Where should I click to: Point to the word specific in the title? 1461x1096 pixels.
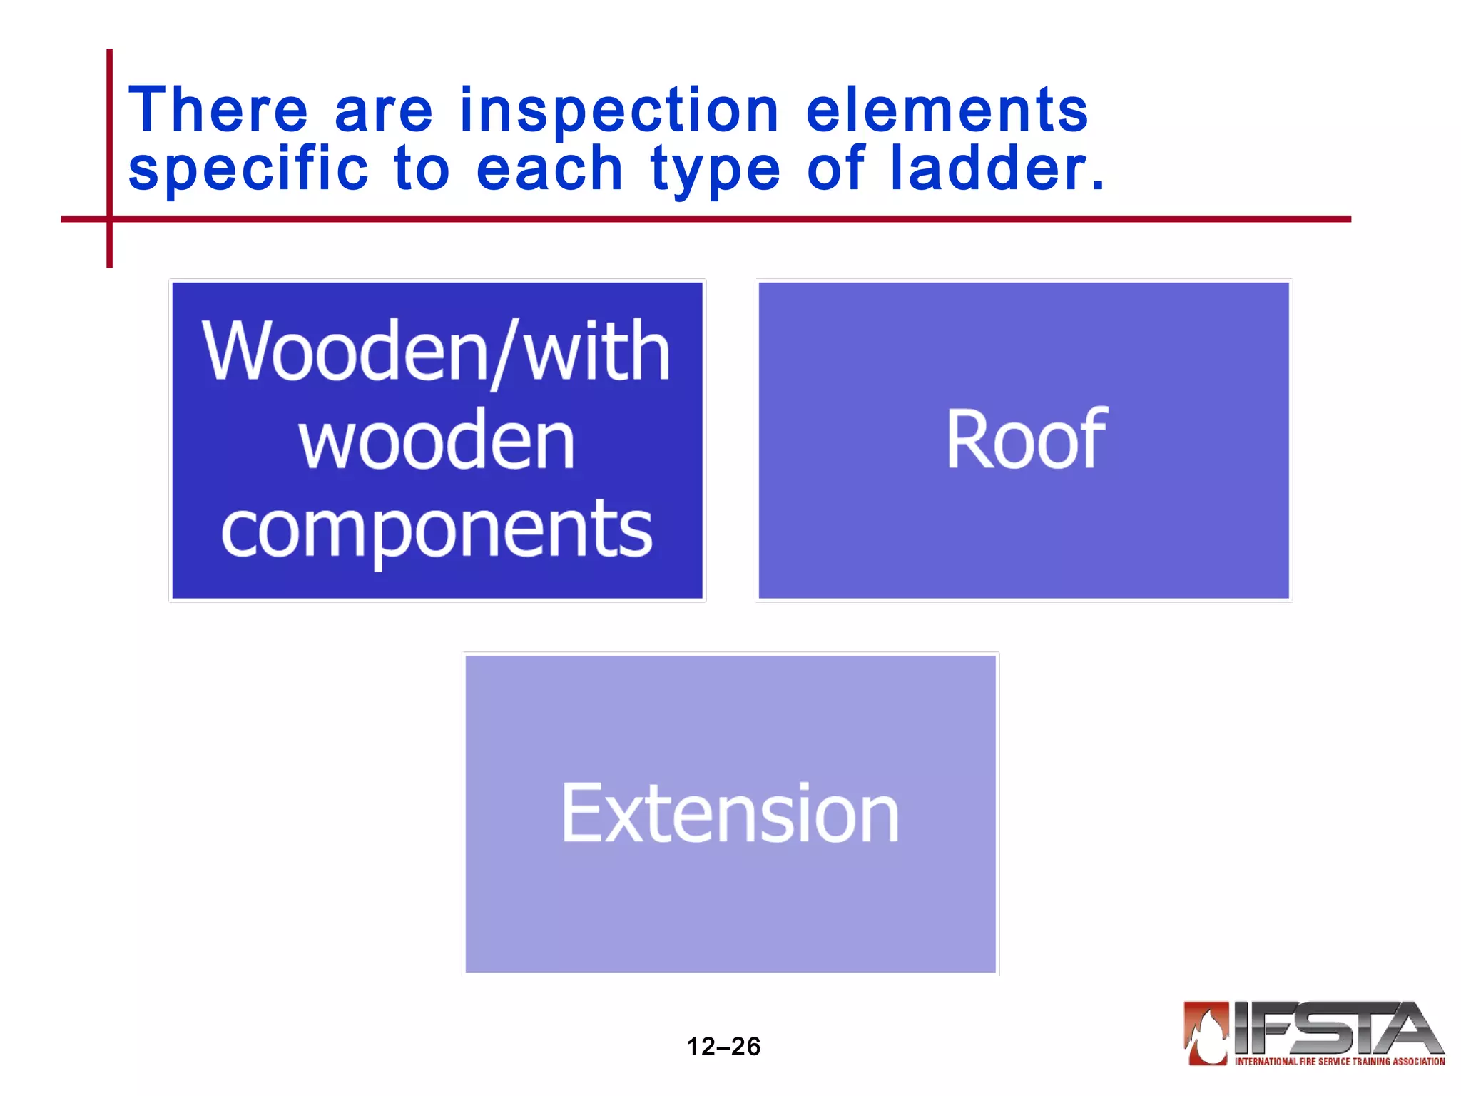[248, 169]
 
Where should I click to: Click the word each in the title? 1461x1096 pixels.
[549, 169]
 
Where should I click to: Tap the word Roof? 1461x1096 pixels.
[1025, 440]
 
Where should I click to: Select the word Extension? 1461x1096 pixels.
[730, 813]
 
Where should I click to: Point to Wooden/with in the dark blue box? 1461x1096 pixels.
[437, 352]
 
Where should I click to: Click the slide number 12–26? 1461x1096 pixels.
[723, 1047]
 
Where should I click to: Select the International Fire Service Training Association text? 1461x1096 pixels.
[1339, 1062]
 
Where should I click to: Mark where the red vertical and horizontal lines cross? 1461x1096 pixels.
[110, 219]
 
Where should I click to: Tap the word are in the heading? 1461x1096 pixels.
[383, 113]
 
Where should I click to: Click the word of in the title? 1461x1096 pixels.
[835, 169]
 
